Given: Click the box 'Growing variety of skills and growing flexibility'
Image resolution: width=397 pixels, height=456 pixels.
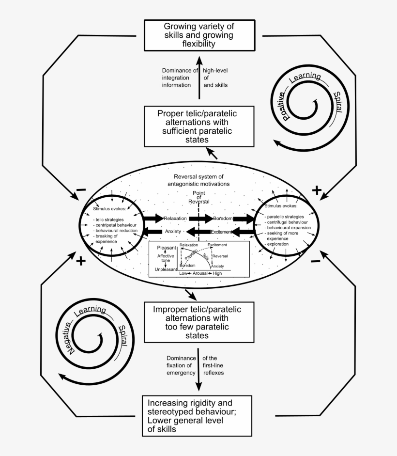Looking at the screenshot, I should point(199,34).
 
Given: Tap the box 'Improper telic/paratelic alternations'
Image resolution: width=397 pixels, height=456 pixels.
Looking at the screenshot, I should point(198,322).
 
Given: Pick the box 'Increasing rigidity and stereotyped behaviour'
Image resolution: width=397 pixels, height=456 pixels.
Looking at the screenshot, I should point(197,416).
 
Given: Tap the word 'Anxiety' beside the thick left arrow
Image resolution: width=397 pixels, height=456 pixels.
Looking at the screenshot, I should point(173,232).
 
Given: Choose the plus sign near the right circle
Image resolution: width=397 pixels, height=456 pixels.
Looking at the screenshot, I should point(316,190).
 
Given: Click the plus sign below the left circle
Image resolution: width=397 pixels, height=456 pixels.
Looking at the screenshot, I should point(80,261).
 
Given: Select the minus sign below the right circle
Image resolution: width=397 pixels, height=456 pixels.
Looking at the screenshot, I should point(315,261).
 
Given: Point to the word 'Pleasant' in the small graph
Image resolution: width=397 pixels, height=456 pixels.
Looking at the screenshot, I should point(166,248).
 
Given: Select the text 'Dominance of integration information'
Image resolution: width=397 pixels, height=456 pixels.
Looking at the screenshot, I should point(179,78).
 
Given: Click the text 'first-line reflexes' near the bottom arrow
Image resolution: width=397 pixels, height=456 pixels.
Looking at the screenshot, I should point(213,366).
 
